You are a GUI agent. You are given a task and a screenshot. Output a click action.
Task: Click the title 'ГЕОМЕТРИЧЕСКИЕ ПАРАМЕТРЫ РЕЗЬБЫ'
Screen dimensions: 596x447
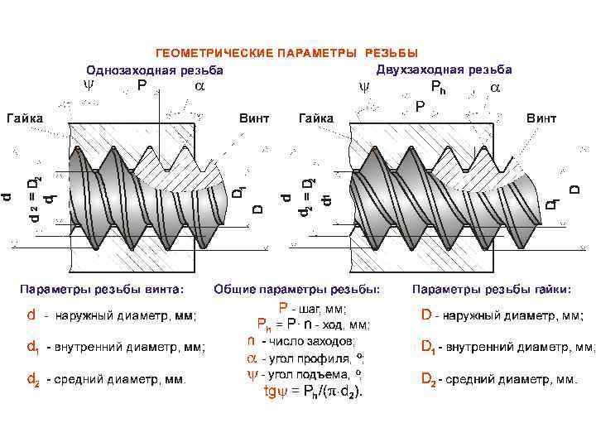(x=287, y=54)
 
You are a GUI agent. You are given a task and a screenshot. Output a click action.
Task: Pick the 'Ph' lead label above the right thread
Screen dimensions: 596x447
(x=437, y=87)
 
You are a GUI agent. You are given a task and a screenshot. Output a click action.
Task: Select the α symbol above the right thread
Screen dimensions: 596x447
(x=494, y=87)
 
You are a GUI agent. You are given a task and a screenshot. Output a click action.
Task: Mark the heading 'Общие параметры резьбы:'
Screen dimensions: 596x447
(x=297, y=290)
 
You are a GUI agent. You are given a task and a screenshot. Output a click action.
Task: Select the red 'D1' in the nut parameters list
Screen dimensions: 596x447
(x=427, y=347)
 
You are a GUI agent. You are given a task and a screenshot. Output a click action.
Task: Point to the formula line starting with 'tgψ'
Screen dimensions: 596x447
(x=312, y=391)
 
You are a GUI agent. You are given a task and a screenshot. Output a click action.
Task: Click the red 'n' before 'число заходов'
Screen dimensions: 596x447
(x=251, y=340)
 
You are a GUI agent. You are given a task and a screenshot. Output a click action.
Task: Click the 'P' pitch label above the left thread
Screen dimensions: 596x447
(x=142, y=85)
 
